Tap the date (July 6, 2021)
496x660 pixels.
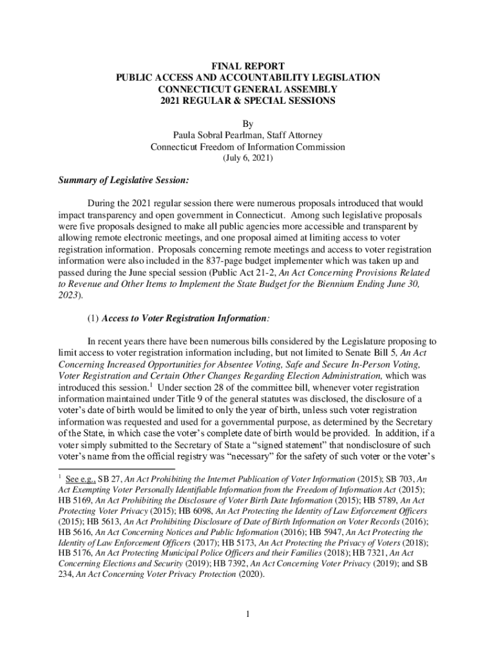tap(248, 159)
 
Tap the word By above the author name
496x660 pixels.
tap(248, 124)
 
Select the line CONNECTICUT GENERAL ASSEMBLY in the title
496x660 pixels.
tap(248, 90)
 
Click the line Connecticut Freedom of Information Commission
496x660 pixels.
tap(248, 147)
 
